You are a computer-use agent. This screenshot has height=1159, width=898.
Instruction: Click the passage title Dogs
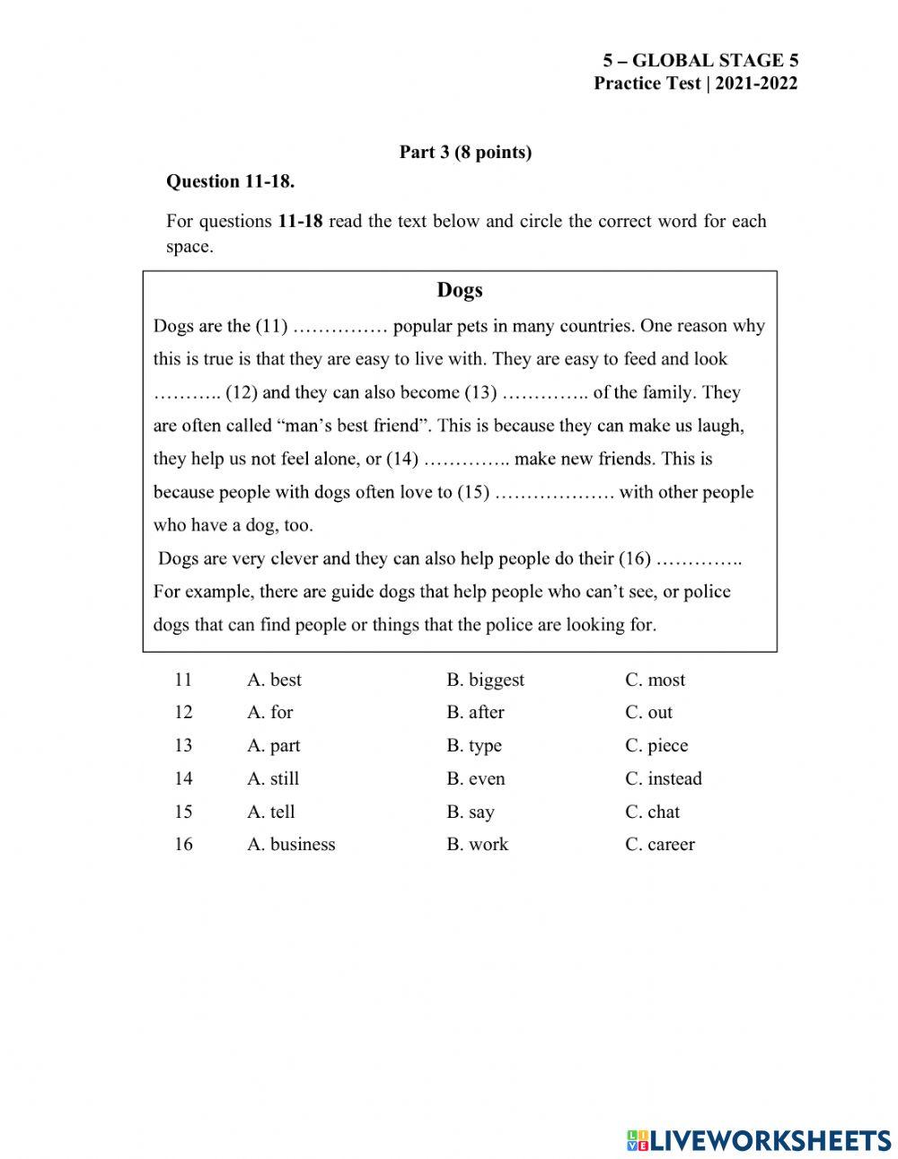pos(459,290)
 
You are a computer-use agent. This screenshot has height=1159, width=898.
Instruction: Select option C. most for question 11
pos(655,680)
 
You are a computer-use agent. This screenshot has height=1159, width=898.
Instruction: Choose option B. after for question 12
pos(475,713)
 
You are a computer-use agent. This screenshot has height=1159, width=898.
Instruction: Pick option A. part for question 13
pos(273,746)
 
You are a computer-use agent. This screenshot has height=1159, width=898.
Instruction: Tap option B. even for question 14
pos(475,779)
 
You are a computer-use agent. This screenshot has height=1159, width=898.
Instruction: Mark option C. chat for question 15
pos(652,812)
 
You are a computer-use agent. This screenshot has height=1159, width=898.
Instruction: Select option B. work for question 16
pos(477,845)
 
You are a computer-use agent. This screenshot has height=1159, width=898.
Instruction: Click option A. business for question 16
pos(291,845)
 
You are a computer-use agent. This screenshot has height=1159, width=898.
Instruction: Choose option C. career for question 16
pos(659,845)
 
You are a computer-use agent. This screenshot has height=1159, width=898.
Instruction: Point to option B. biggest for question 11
pos(485,680)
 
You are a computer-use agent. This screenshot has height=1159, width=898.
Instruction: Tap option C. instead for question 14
pos(663,779)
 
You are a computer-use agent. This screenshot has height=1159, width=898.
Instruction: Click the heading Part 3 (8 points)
pos(465,153)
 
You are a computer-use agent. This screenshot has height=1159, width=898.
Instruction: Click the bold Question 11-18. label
pos(231,181)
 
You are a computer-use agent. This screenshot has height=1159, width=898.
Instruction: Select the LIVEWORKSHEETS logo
pos(758,1140)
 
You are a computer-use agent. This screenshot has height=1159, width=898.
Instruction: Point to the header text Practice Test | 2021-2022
pos(695,83)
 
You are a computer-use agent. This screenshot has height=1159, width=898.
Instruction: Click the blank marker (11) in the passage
pos(271,326)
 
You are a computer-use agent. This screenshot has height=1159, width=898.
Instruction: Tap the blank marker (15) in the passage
pos(473,492)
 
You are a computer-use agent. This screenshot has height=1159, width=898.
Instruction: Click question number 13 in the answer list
pos(183,746)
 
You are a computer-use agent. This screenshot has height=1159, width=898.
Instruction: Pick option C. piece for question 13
pos(656,746)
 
